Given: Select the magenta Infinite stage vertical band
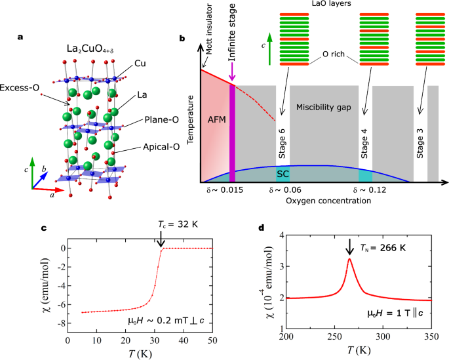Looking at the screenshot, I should (233, 131).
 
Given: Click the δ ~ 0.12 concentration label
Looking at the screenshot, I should (366, 190).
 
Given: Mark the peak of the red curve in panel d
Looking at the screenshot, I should (349, 259).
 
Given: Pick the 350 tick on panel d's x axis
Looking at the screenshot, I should (431, 336).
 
